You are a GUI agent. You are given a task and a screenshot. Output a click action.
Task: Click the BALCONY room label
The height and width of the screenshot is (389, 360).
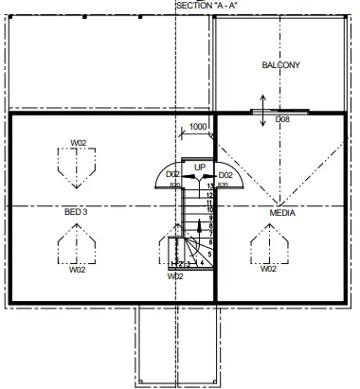tap(280, 65)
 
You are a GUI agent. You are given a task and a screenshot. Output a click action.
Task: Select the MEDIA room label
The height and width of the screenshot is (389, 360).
tap(282, 213)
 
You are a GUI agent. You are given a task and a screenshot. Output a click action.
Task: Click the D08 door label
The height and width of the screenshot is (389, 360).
tap(282, 120)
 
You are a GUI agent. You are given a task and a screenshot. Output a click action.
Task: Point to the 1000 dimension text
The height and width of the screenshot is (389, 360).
tap(199, 127)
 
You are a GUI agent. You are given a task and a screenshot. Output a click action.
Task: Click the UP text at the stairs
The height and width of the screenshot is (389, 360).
tap(199, 168)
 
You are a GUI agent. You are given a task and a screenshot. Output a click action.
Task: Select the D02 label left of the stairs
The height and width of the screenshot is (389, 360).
tap(172, 175)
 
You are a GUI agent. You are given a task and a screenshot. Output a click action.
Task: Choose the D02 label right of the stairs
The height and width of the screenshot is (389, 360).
tap(225, 175)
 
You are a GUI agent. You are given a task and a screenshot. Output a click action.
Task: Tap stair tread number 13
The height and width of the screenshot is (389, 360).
tap(209, 186)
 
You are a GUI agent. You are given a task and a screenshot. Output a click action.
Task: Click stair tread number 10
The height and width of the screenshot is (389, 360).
tap(209, 210)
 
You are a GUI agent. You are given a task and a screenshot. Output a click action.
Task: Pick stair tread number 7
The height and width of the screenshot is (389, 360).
tap(209, 234)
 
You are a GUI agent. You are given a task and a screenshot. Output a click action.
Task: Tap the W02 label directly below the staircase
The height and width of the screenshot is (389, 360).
tap(175, 276)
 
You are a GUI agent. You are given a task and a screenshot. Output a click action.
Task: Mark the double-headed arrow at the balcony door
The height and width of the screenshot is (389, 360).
tap(262, 105)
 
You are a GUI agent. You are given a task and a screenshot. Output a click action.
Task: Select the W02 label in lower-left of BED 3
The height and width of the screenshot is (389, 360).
tap(78, 269)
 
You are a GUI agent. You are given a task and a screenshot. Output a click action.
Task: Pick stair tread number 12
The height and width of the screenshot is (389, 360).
tap(209, 194)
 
